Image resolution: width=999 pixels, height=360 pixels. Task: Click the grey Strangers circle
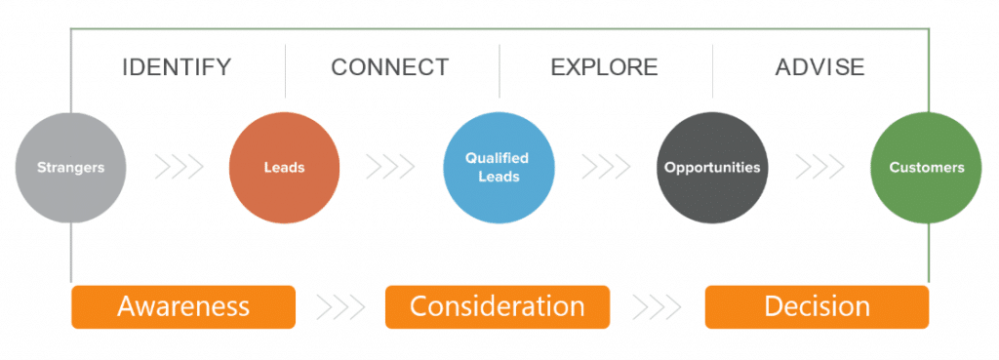[70, 167]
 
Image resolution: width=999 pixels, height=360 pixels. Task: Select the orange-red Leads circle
[284, 167]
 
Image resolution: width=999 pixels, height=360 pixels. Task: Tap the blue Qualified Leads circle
[499, 167]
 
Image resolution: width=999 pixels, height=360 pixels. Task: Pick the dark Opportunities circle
[712, 167]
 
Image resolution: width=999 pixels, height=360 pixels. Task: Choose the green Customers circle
[926, 167]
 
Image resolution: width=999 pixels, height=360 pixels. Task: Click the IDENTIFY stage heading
[177, 67]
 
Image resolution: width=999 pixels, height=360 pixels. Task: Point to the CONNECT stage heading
[390, 67]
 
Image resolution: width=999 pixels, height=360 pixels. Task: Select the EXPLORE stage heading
[604, 67]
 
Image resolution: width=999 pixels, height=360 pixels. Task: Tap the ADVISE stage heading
[819, 67]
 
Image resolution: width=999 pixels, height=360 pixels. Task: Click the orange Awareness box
[183, 306]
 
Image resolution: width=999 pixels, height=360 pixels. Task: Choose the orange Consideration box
[498, 306]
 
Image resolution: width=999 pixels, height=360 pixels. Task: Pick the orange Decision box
[817, 306]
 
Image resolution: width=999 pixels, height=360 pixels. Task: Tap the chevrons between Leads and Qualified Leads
[390, 167]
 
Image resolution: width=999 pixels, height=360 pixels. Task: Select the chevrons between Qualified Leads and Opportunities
[606, 167]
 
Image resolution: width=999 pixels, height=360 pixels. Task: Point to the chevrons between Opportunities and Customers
[819, 167]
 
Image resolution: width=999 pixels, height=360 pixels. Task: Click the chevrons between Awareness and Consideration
[340, 306]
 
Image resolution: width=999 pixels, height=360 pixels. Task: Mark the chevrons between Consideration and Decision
[657, 306]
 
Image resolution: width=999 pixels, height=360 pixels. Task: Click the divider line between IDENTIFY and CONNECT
[285, 70]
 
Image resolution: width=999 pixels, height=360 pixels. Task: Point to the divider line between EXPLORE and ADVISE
[712, 70]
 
